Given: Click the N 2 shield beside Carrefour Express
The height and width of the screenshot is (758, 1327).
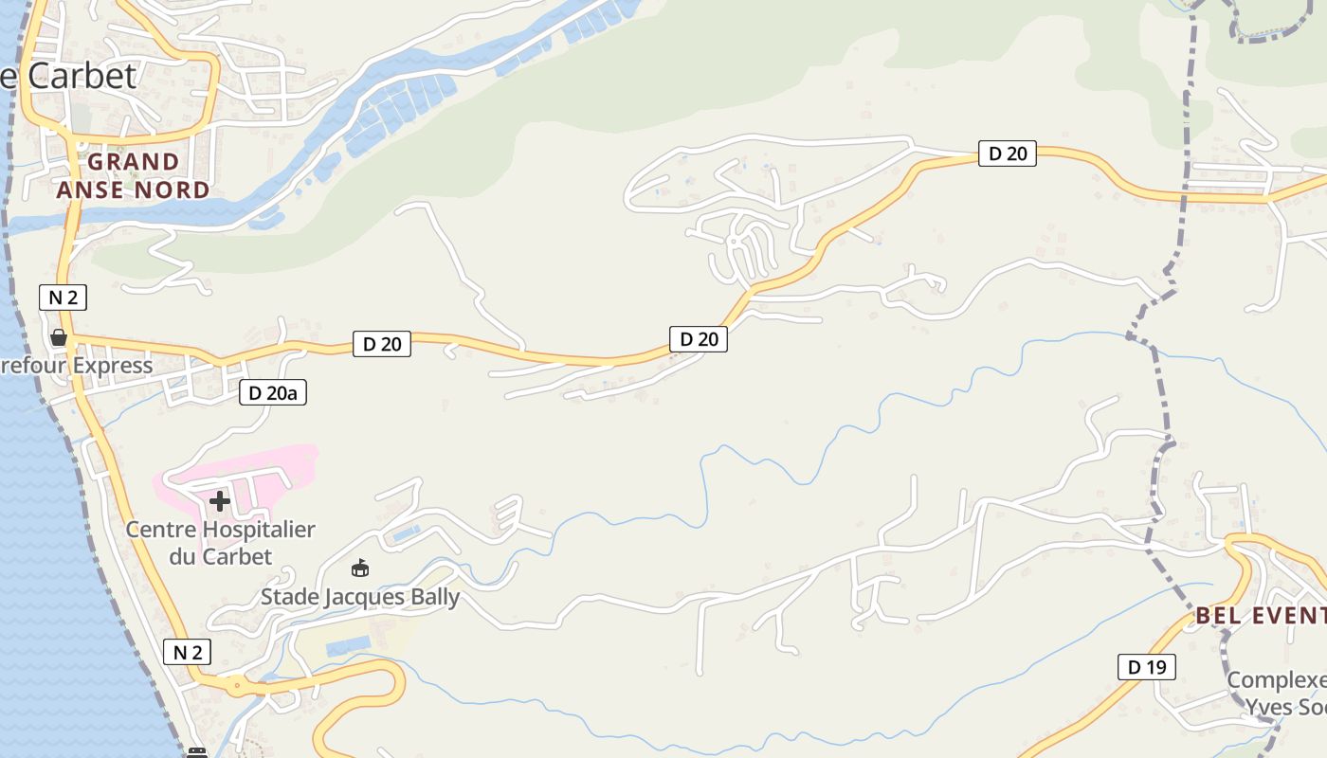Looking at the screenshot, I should point(63,298).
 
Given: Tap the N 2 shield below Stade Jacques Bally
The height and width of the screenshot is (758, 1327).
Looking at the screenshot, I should point(187,652).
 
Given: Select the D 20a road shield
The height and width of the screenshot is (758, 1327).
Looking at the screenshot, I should point(273,392).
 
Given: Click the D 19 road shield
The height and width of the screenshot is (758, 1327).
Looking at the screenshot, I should point(1146,667).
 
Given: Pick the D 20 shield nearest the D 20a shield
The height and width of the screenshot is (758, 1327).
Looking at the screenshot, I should point(382,344).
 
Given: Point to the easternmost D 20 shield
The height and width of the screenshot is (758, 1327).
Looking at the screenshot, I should point(1007,153).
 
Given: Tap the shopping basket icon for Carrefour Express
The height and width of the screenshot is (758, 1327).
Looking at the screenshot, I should point(59,337).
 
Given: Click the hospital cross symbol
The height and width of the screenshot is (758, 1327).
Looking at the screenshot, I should point(220,501).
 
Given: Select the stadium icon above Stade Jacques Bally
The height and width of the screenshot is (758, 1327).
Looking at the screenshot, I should point(360,568).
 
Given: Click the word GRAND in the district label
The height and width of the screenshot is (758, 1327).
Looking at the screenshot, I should point(134,162).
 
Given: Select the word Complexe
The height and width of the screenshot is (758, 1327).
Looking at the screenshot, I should point(1277,680).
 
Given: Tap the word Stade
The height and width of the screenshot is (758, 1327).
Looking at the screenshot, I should point(289,597).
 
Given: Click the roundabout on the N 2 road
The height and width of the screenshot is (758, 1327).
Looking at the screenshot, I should point(234,683).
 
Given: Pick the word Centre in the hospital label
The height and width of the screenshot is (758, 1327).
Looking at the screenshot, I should point(163,530).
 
